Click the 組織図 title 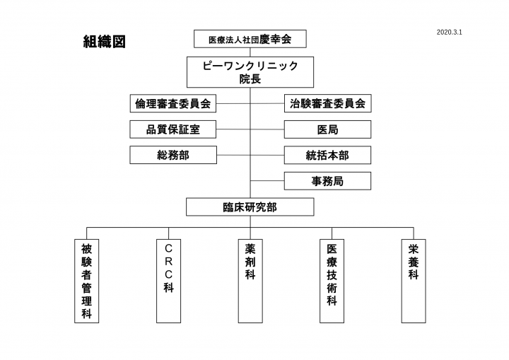105,42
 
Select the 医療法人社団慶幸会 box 250,39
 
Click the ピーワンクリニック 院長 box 250,72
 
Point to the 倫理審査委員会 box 173,103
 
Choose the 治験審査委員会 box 327,103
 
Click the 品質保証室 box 173,129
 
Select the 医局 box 327,129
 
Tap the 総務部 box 173,155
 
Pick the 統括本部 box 327,155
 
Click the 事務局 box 327,180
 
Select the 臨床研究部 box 250,207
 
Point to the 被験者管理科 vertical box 86,281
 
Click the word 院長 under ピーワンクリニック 250,79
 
